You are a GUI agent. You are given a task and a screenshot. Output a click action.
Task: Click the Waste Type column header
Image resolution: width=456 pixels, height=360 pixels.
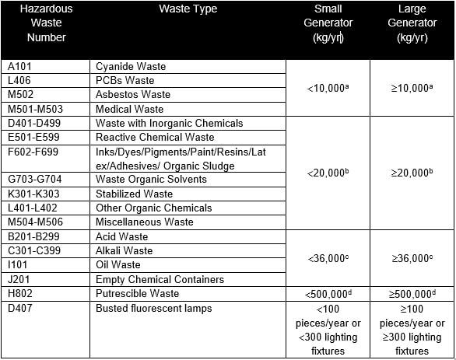(x=188, y=9)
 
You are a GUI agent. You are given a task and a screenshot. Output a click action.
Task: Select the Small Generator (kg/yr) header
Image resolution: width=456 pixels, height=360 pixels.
(x=328, y=23)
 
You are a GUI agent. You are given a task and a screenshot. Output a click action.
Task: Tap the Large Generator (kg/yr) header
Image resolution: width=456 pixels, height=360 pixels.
(x=412, y=23)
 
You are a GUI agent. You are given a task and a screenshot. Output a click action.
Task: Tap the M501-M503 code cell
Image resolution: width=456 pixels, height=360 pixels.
(x=33, y=109)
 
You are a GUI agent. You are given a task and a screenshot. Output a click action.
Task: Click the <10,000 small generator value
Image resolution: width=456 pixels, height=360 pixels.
(x=328, y=88)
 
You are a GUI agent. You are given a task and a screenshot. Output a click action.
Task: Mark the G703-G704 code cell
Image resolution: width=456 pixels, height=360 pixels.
(x=32, y=180)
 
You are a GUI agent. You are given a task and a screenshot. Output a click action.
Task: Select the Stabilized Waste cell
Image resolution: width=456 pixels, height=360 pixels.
(x=134, y=194)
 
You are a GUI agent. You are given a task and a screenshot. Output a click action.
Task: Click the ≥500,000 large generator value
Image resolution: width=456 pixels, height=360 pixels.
(x=412, y=294)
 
